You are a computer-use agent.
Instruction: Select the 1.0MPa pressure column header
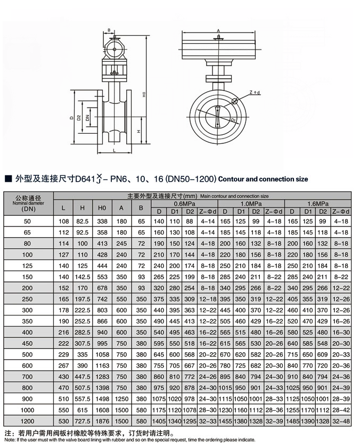point(251,204)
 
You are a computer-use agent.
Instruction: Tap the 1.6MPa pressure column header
point(318,204)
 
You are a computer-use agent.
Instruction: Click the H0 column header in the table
point(101,208)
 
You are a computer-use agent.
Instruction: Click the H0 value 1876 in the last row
point(101,421)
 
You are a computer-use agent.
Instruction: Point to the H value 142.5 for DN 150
point(82,277)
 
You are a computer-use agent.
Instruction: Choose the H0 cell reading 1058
point(101,354)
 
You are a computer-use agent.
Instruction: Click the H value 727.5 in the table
point(82,421)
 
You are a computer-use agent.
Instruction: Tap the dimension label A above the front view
point(218,31)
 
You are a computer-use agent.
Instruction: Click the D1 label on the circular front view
point(232,122)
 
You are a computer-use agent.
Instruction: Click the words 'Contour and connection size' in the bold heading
point(263,179)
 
